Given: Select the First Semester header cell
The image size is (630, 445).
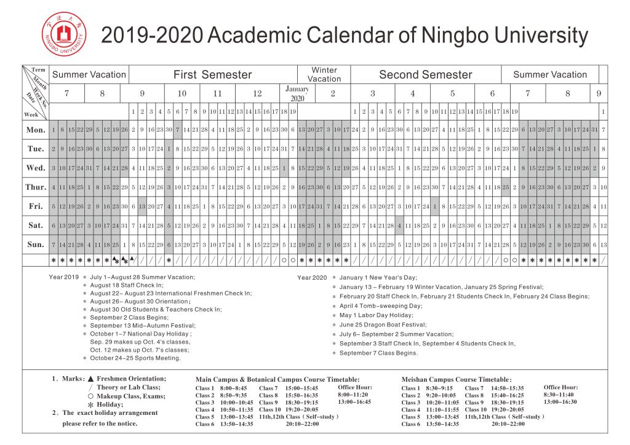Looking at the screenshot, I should [213, 75].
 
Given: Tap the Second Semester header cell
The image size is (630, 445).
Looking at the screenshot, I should [425, 75].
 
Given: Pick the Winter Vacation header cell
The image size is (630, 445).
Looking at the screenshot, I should [324, 74].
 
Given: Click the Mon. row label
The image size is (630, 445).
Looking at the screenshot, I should [35, 130].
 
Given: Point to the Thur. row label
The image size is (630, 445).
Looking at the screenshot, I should [35, 187].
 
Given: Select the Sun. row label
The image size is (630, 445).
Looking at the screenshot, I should [35, 245].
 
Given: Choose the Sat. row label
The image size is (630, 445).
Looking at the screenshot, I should [35, 226].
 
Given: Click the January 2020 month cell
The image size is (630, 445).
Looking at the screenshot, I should [298, 93].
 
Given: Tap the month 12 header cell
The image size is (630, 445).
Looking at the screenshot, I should [257, 93].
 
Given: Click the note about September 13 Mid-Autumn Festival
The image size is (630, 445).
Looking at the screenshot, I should [143, 325].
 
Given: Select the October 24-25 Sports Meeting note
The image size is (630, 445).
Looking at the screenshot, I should [135, 358].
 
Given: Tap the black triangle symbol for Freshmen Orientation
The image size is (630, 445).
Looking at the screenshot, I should [90, 379].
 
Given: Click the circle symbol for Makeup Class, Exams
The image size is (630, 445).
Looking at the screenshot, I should [90, 396].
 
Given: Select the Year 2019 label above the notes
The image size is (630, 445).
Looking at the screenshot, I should [64, 277].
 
